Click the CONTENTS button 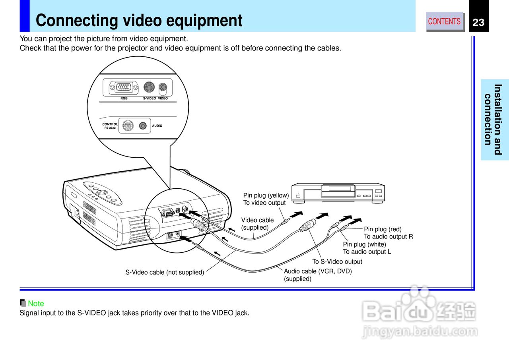(445, 21)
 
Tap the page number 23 (478, 23)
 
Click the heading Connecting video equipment (139, 21)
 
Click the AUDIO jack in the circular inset (143, 126)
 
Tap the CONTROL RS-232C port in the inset (127, 126)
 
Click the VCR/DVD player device (338, 193)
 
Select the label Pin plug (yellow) (266, 195)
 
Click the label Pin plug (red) (383, 229)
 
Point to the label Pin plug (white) (364, 244)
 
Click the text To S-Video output (337, 261)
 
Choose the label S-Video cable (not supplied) (165, 272)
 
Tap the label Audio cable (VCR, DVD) (318, 271)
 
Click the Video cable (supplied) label (257, 220)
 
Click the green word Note (36, 304)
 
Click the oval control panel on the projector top (102, 193)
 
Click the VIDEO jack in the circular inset (162, 87)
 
